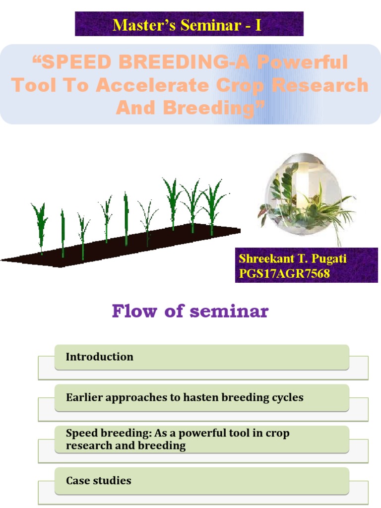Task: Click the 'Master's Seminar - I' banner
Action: click(x=189, y=24)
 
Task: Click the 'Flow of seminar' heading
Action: click(x=190, y=311)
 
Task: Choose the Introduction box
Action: click(x=201, y=357)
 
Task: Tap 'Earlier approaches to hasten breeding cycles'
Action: click(x=201, y=398)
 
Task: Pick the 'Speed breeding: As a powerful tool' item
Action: click(x=201, y=439)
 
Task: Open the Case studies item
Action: click(x=201, y=481)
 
